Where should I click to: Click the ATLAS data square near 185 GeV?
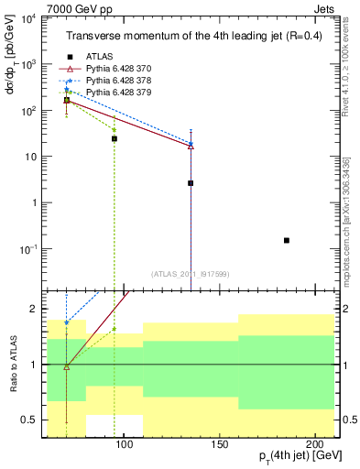click(287, 240)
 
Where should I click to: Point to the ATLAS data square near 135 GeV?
click(191, 183)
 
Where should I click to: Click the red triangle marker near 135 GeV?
click(191, 146)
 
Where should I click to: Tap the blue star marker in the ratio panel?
click(67, 322)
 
